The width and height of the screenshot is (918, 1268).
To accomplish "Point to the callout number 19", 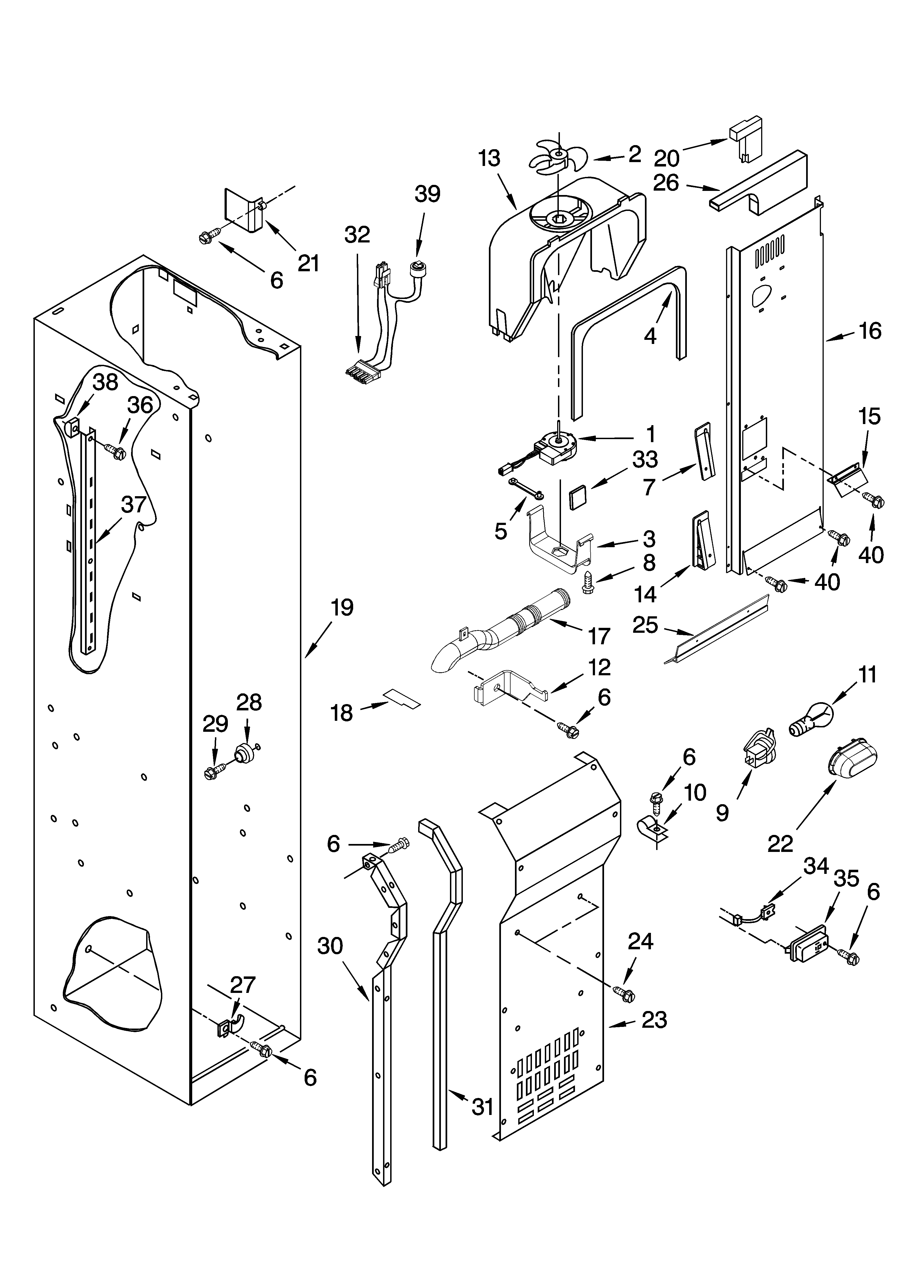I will (342, 608).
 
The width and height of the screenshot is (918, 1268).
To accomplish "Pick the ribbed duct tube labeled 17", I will (503, 637).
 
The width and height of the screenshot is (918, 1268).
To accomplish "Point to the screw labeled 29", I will (214, 773).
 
